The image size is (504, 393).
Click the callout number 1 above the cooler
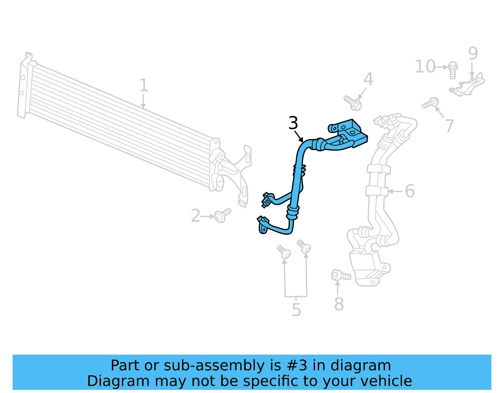[x=144, y=85]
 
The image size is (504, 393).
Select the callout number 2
[x=196, y=216]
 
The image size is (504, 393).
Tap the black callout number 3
[x=293, y=123]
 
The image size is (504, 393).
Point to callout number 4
[x=368, y=79]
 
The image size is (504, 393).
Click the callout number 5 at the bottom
[x=296, y=310]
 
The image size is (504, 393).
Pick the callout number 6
[x=409, y=191]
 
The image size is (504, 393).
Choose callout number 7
[x=449, y=126]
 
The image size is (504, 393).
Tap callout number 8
[x=339, y=304]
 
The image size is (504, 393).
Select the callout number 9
[x=473, y=53]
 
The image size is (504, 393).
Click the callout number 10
[x=425, y=67]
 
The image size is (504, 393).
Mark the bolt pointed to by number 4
[x=353, y=103]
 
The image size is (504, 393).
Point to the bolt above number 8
[x=341, y=276]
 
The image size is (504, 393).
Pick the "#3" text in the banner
[x=297, y=366]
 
